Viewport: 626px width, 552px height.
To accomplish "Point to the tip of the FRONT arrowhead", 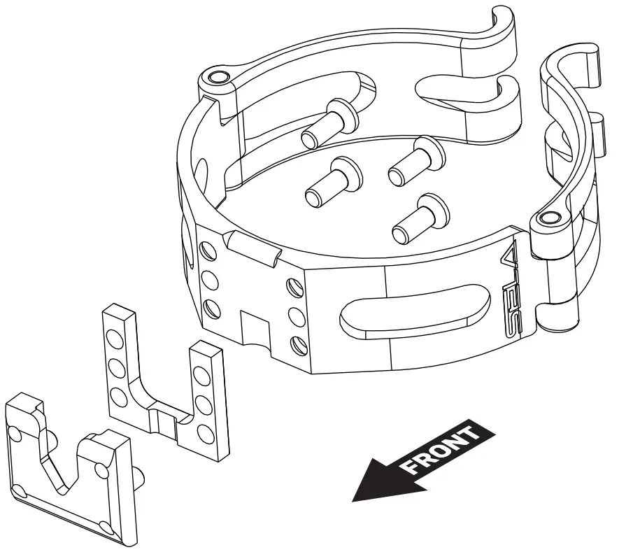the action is [353, 501].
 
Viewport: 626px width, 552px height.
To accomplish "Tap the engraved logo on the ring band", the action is [512, 290].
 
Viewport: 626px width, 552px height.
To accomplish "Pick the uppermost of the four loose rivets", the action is [328, 122].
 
